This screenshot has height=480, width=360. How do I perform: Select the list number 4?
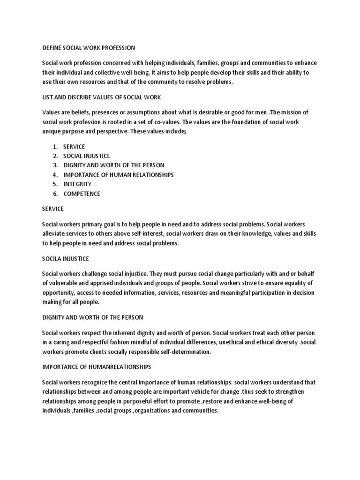55,175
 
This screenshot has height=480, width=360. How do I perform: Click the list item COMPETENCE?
82,194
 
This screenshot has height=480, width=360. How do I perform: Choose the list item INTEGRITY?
77,184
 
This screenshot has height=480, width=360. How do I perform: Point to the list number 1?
55,147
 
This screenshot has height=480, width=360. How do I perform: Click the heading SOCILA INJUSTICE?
66,259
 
